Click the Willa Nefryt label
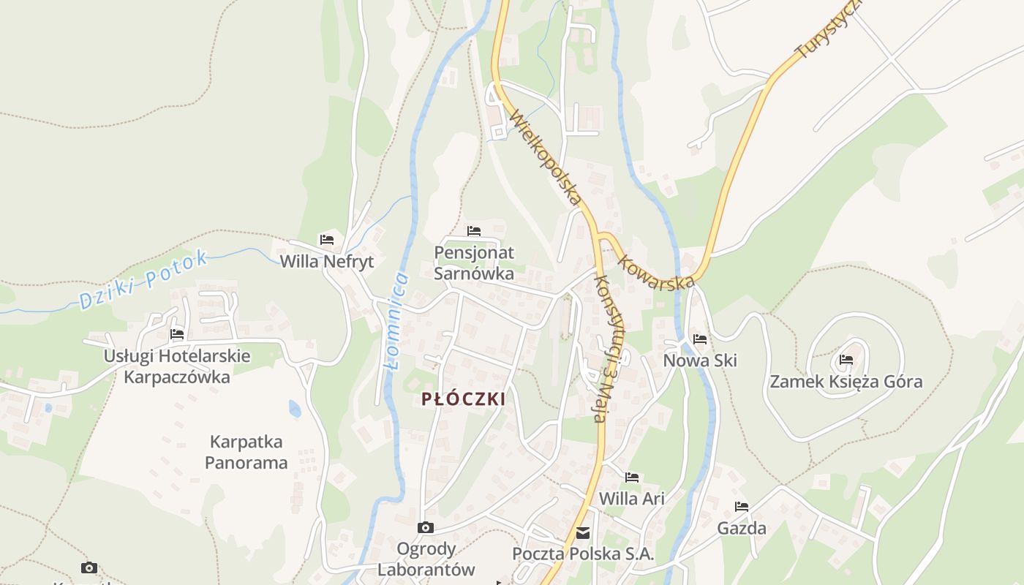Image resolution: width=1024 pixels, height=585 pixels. point(327,262)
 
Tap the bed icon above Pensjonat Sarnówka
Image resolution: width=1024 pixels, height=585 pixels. point(474,231)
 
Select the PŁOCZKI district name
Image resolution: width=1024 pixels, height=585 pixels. point(464,399)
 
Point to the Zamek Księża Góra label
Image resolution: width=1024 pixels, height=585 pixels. point(846,382)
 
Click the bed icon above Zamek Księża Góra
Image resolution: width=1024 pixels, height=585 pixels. point(846,360)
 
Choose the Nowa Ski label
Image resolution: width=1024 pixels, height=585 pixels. point(700,361)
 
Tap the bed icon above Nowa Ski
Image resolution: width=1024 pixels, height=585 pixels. point(700,339)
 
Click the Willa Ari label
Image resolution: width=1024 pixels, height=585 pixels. point(632,499)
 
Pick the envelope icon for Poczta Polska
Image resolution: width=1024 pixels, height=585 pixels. point(583,533)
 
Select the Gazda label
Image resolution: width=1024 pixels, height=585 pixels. point(742,528)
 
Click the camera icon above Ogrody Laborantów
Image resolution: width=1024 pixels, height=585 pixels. point(425,527)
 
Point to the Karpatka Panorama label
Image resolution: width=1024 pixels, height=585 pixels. point(246,452)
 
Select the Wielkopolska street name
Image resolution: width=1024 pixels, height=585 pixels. point(546,157)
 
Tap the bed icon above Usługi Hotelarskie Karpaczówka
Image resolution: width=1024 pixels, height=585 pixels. point(177,334)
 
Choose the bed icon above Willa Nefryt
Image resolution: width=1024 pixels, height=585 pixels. point(327,240)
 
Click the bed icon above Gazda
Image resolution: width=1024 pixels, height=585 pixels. point(742,507)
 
